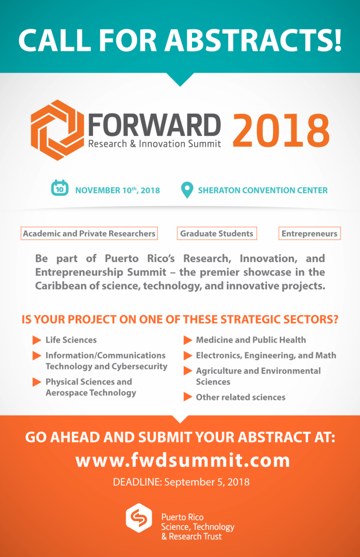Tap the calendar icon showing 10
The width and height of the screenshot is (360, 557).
click(x=60, y=188)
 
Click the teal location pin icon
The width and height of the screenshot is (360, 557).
click(x=187, y=190)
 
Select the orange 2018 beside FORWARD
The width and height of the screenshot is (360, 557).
click(x=281, y=130)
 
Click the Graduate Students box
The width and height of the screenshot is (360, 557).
click(x=217, y=233)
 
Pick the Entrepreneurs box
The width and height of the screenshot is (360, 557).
click(x=309, y=233)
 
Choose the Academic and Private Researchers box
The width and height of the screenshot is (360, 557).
click(x=89, y=233)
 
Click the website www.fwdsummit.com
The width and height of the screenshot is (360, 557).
click(x=183, y=460)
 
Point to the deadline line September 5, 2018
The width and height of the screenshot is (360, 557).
click(x=181, y=482)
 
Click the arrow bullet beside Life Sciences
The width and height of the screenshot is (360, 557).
click(x=37, y=341)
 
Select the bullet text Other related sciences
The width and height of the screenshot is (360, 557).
click(x=241, y=397)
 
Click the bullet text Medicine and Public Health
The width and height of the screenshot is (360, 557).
click(x=251, y=340)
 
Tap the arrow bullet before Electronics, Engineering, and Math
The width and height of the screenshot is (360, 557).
click(x=188, y=356)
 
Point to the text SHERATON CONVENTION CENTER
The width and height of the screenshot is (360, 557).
click(x=263, y=190)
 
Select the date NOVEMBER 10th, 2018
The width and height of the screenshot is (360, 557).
click(x=117, y=190)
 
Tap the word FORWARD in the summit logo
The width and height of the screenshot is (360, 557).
click(x=154, y=126)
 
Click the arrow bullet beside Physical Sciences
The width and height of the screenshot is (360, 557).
click(x=37, y=382)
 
